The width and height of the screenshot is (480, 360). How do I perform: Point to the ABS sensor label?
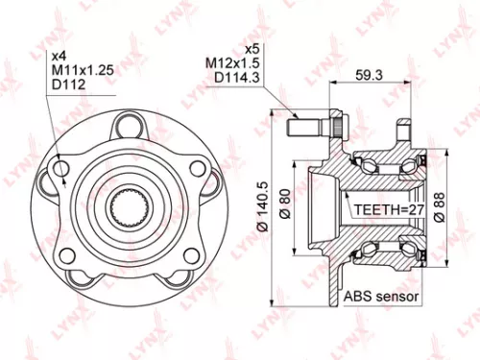pos(381,298)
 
